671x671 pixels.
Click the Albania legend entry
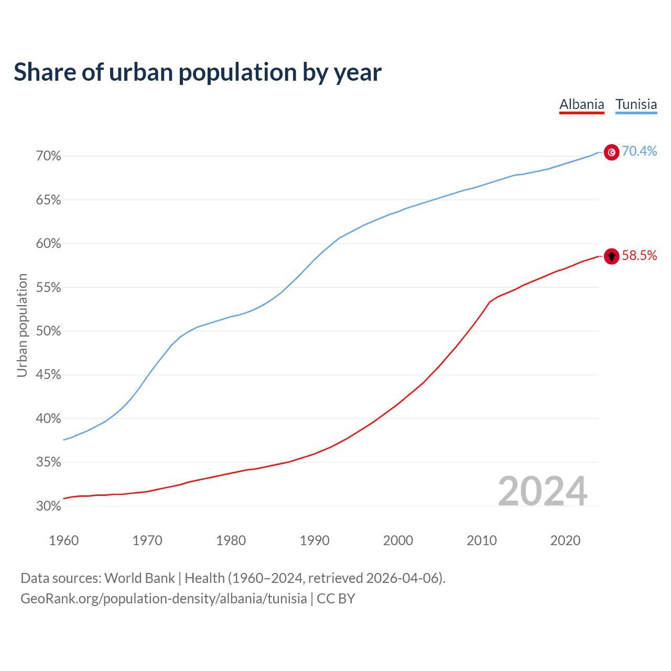click(x=581, y=104)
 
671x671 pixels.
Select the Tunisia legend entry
click(x=636, y=104)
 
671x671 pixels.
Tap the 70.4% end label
click(x=639, y=151)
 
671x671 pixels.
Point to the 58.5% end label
click(x=639, y=255)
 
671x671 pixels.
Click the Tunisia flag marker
click(x=612, y=152)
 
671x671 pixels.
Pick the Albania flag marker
click(x=612, y=256)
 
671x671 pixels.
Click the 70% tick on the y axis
click(x=49, y=156)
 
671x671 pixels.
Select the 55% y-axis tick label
click(x=49, y=287)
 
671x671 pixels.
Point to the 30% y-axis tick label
click(x=49, y=506)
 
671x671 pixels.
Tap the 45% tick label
click(x=49, y=375)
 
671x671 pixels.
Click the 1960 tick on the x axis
click(x=63, y=540)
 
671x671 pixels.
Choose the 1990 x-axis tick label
click(x=315, y=540)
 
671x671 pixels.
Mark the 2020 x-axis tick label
click(x=565, y=540)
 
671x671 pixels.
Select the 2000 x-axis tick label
click(x=398, y=540)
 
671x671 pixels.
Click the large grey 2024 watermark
click(x=542, y=491)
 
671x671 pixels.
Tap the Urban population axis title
click(x=22, y=325)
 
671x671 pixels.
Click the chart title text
click(x=198, y=72)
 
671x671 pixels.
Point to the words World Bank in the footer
click(x=139, y=578)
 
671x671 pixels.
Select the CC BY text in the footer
click(x=336, y=599)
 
